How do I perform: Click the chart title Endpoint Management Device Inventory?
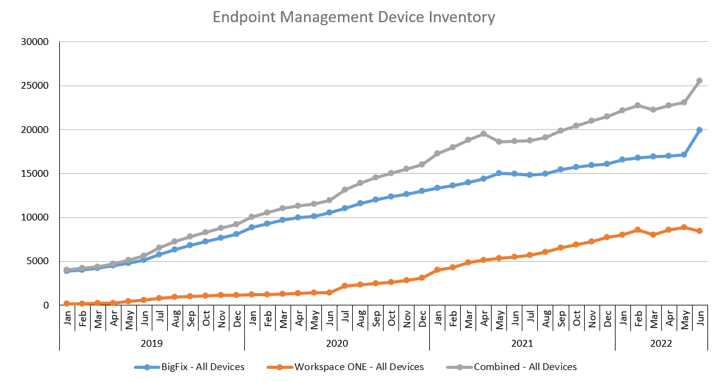click(x=353, y=17)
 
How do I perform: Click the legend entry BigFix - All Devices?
click(x=190, y=367)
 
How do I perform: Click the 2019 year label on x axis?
click(x=151, y=343)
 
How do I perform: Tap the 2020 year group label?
click(x=337, y=343)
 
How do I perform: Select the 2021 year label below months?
click(x=522, y=343)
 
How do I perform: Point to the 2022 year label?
click(x=661, y=343)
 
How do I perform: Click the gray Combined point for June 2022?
click(x=699, y=81)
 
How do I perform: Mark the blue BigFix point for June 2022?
click(x=699, y=130)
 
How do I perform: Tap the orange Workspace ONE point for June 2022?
click(x=699, y=231)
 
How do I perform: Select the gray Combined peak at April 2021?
click(x=484, y=134)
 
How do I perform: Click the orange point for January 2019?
click(x=67, y=304)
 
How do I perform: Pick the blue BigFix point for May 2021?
click(x=499, y=173)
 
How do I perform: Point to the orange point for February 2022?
click(x=638, y=230)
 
